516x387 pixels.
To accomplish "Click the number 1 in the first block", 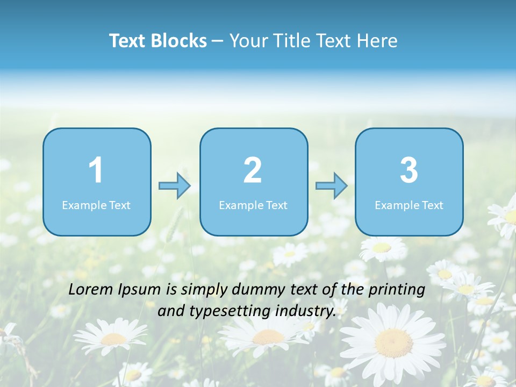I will click(96, 170).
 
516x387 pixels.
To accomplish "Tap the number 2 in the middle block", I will click(253, 170).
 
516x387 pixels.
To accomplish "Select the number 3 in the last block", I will click(409, 170).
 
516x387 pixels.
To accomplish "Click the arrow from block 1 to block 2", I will click(175, 186).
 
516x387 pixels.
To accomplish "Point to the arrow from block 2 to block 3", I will click(332, 186).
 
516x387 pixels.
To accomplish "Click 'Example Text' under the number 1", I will click(96, 205).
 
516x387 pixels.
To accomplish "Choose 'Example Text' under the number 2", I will click(253, 205).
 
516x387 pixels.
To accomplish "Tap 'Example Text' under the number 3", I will click(409, 205).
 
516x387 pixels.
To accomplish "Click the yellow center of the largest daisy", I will click(394, 342).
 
